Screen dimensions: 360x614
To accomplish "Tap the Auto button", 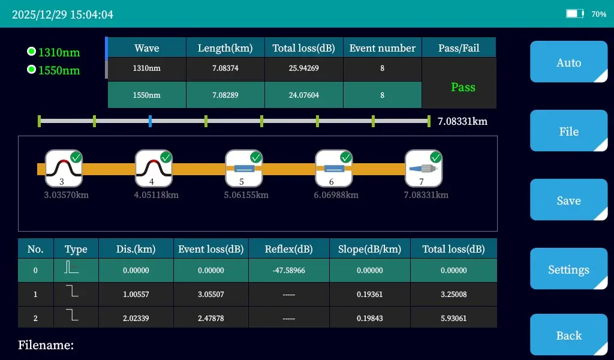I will click(568, 62).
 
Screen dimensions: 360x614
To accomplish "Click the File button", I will click(568, 131).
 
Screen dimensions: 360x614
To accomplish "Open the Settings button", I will click(568, 269).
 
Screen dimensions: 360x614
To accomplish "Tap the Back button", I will click(568, 335).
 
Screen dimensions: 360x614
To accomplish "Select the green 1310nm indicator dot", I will click(32, 52).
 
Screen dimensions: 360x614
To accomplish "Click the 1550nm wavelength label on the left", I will click(59, 70).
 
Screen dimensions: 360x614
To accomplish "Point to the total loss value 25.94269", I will click(303, 68).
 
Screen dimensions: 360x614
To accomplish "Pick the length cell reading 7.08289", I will click(225, 95).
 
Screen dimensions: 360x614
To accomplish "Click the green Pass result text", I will click(463, 87).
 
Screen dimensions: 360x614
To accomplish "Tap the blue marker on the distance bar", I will click(150, 121).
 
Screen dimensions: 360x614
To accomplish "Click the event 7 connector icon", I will click(423, 169).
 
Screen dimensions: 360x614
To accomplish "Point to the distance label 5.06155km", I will click(246, 195).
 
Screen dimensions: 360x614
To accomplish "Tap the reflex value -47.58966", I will click(288, 271).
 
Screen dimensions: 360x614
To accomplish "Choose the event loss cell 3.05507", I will click(210, 295).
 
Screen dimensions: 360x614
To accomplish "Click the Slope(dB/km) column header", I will click(369, 249).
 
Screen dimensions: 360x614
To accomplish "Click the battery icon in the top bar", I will click(574, 14).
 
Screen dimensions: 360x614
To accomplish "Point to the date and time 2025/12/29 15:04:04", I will click(62, 14).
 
